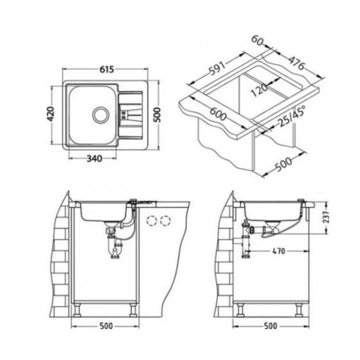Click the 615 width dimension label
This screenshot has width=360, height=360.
(x=106, y=69)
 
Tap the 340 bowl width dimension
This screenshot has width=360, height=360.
(x=94, y=158)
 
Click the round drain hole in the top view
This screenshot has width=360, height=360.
(x=100, y=115)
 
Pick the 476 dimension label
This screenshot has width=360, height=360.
(x=296, y=63)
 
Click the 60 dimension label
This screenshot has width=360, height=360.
(x=257, y=40)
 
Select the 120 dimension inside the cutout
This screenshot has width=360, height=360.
(x=259, y=90)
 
